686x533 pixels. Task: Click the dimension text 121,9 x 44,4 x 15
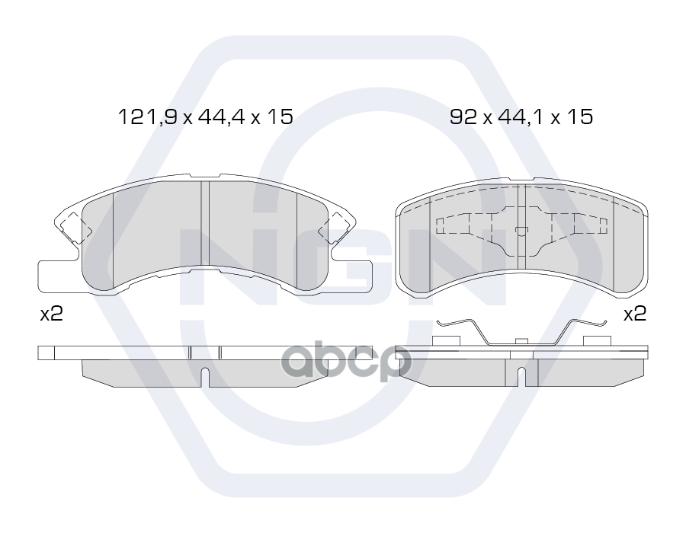(205, 117)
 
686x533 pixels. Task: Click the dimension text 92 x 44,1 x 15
(521, 117)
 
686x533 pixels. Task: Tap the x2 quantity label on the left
(51, 314)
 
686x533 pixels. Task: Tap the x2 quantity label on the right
(634, 314)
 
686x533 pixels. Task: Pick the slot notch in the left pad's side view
(204, 376)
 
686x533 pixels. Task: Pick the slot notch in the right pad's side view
(521, 376)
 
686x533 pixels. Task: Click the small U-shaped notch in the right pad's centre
(521, 231)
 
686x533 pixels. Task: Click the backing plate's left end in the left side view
(47, 353)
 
